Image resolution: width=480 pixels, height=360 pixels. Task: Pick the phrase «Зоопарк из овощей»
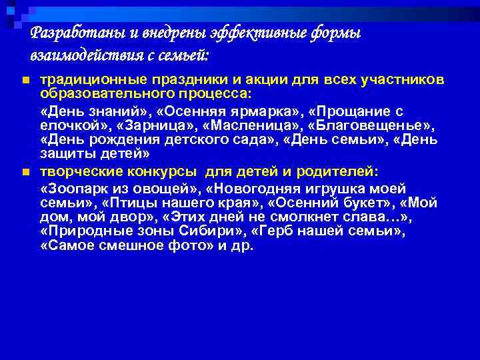point(117,189)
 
